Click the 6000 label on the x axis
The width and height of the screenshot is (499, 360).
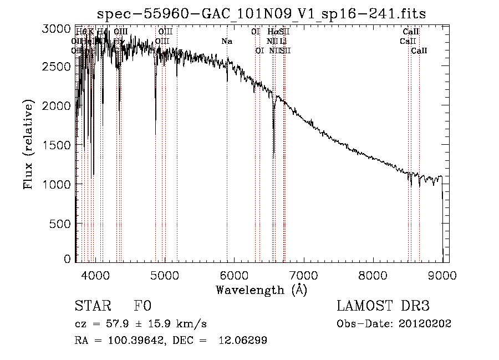pos(233,275)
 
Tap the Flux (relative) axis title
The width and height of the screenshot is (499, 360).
pos(28,145)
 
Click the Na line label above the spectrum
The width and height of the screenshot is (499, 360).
pos(227,41)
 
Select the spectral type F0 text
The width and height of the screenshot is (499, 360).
pos(142,306)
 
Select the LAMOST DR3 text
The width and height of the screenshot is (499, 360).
pos(383,306)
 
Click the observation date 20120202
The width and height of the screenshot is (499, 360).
pos(426,323)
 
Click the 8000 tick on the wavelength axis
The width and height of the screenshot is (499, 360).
pos(373,275)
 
